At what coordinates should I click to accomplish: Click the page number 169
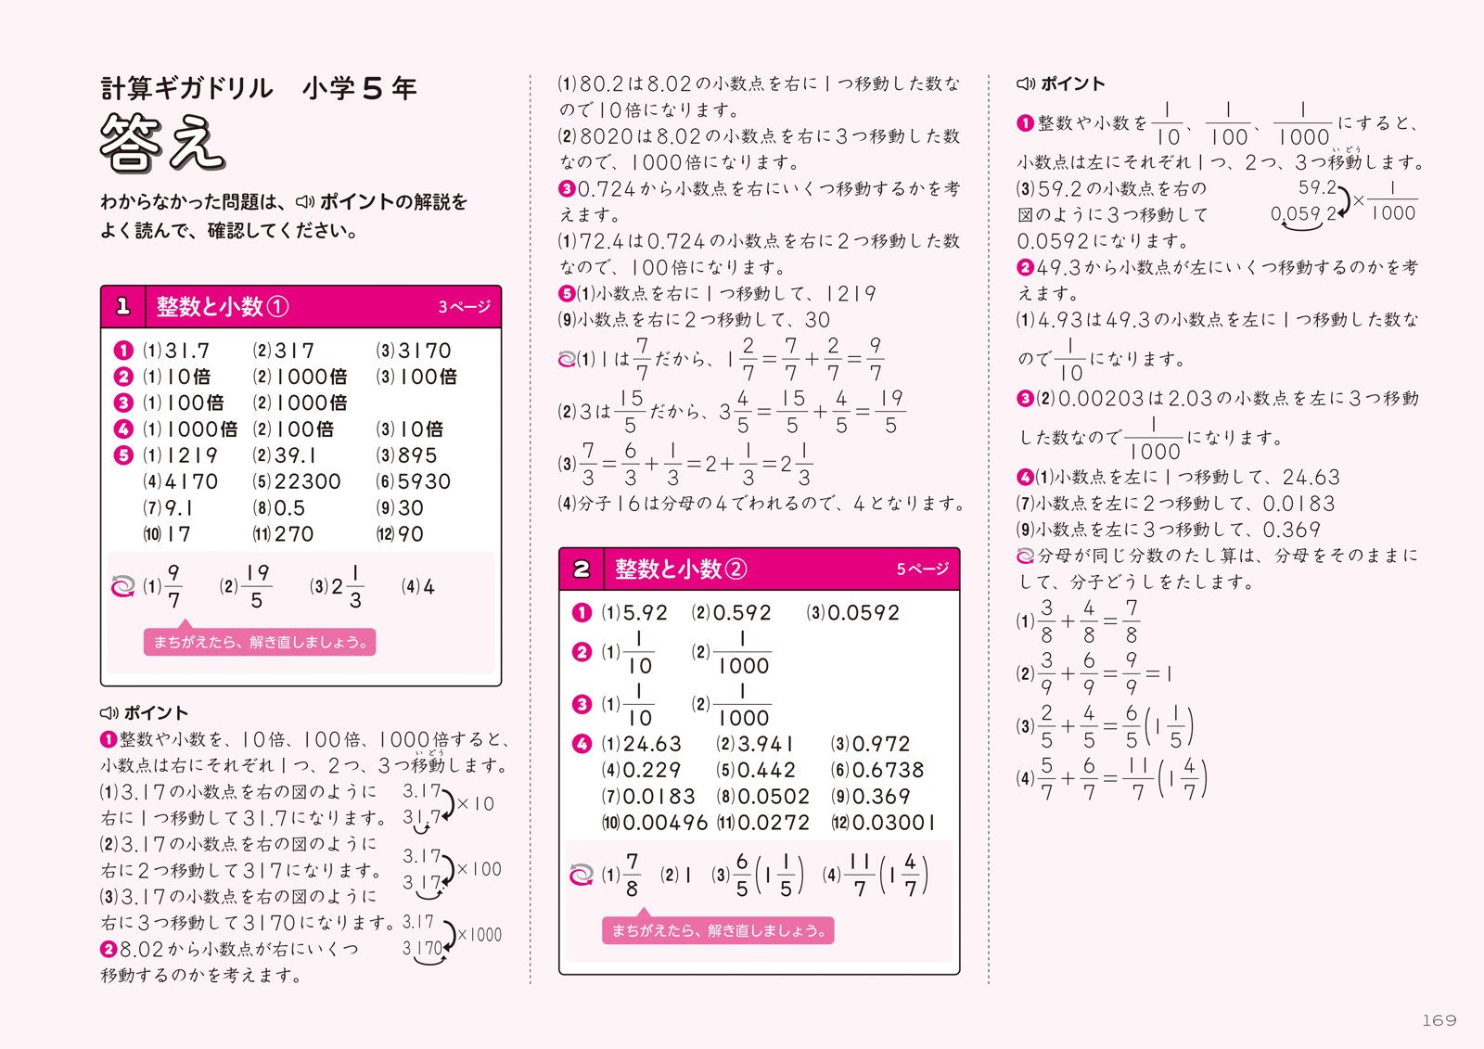(x=1439, y=1020)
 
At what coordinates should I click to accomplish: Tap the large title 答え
(x=162, y=144)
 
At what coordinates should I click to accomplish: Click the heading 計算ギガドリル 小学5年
(x=259, y=88)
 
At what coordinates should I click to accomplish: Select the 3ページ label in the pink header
(x=464, y=307)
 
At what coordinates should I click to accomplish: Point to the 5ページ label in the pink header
(x=922, y=569)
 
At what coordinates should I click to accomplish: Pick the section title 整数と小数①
(x=222, y=307)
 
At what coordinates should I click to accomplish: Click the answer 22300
(x=308, y=481)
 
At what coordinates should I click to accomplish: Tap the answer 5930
(x=424, y=481)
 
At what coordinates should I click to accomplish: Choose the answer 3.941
(x=766, y=744)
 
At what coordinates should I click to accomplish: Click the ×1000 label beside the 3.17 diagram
(x=480, y=935)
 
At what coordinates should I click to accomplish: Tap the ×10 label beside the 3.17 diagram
(x=476, y=803)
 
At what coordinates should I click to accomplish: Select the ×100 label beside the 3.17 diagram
(x=479, y=869)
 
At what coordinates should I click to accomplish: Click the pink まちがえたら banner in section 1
(x=260, y=642)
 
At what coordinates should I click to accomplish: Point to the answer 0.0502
(x=774, y=797)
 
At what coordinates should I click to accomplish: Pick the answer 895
(x=417, y=455)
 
